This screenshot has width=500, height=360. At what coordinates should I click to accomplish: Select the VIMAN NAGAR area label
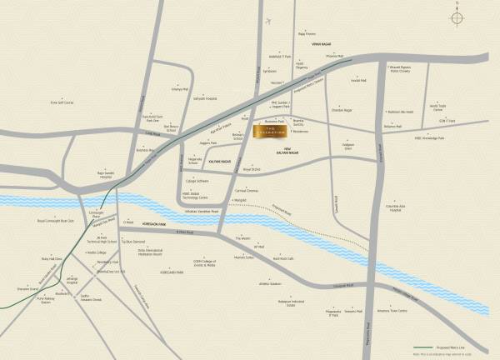tap(322, 43)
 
